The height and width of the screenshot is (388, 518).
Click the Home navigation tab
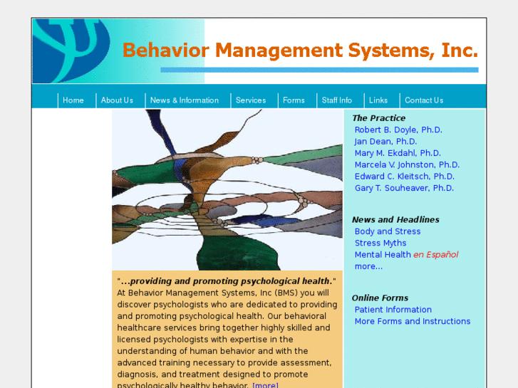tap(73, 100)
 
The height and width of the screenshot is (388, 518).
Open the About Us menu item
tap(117, 100)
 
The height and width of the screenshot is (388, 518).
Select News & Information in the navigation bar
tap(184, 100)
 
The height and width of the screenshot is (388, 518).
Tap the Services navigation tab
tap(250, 100)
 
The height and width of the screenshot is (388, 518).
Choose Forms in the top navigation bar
tap(294, 100)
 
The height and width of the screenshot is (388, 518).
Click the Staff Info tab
tap(336, 100)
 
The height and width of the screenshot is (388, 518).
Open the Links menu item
tap(378, 100)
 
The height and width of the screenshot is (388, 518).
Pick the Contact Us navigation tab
tap(423, 100)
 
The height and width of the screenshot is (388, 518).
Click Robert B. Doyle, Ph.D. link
tap(398, 130)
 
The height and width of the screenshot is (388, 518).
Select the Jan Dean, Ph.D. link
tap(385, 142)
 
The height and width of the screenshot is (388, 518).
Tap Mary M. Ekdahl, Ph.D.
tap(398, 153)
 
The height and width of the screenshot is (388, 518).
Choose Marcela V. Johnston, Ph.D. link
tap(407, 164)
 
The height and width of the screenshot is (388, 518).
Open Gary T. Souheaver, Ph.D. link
tap(404, 188)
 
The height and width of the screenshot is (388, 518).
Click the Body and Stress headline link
tap(388, 231)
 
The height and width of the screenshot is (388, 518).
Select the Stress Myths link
tap(380, 243)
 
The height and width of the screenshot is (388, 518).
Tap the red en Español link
tap(435, 254)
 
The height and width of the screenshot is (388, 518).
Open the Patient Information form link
tap(393, 310)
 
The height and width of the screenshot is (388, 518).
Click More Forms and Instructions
tap(413, 321)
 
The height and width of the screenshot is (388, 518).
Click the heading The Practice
tap(378, 118)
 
